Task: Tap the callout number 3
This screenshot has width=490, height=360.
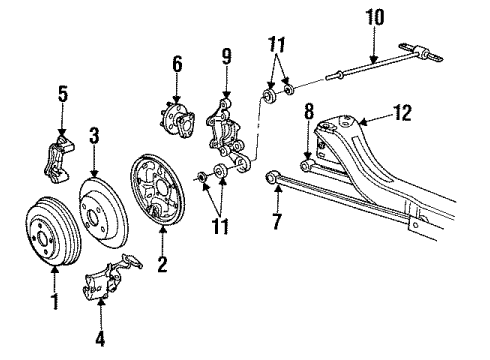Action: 92,134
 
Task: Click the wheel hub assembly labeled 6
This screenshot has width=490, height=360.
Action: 178,118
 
